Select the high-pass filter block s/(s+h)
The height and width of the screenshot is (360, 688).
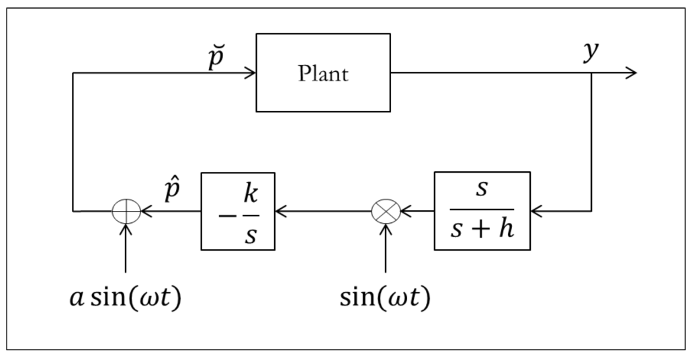point(482,210)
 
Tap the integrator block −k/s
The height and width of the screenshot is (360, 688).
point(238,210)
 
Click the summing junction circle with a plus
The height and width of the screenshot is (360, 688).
point(126,211)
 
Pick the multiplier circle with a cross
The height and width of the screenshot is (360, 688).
point(386,211)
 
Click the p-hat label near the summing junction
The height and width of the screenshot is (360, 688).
point(172,191)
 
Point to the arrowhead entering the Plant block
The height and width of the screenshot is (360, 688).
point(250,73)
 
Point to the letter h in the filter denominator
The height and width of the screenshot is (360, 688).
point(506,229)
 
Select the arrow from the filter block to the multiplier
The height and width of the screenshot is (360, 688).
point(417,211)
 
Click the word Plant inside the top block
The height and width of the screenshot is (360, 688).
point(323,73)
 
